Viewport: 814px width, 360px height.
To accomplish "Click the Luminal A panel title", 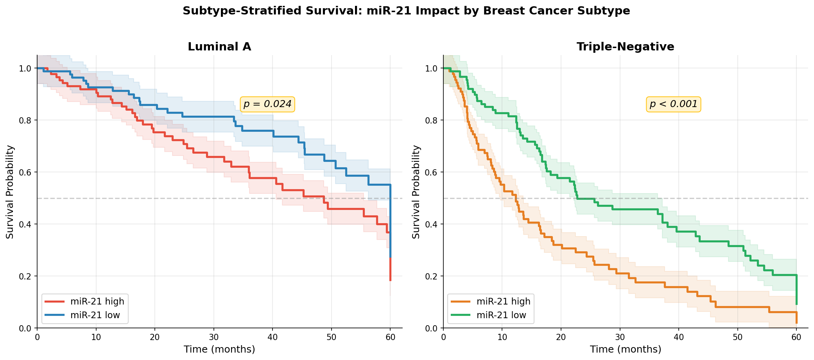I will [219, 47].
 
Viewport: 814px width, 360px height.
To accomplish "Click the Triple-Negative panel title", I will [625, 47].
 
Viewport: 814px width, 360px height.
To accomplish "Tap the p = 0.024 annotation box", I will [267, 104].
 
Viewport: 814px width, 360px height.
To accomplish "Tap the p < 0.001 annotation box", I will [673, 104].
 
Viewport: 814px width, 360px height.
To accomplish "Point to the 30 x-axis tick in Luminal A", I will [213, 337].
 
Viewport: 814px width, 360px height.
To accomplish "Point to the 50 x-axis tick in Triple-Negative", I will [737, 337].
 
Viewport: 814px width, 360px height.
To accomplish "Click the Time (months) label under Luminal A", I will [219, 349].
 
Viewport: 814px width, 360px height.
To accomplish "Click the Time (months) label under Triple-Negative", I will [625, 349].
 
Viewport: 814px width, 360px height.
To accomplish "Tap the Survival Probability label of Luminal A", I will [10, 192].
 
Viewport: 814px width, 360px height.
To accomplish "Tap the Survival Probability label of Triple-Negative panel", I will [416, 192].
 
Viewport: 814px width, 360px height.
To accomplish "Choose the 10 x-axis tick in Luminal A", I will [96, 337].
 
